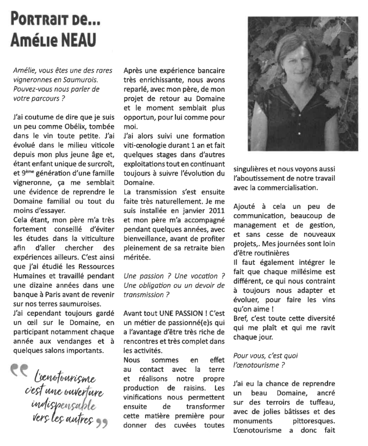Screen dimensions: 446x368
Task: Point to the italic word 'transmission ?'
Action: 147,294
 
